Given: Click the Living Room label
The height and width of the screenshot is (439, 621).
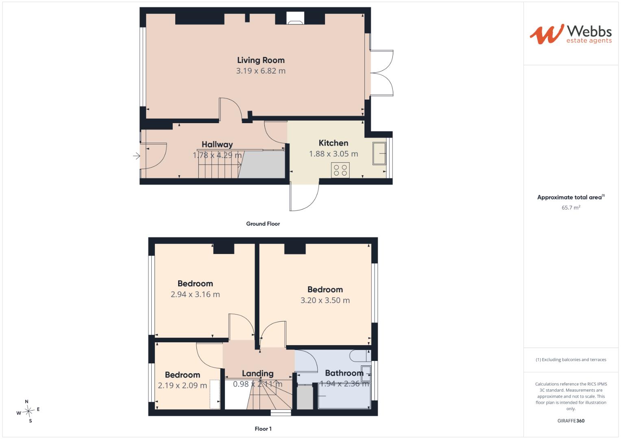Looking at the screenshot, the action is click(x=261, y=60).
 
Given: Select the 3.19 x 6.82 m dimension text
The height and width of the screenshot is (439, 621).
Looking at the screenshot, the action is click(x=261, y=71).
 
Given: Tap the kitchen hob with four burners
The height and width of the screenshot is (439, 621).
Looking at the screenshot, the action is click(x=340, y=170).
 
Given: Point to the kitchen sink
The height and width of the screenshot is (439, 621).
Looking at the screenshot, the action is click(x=379, y=153).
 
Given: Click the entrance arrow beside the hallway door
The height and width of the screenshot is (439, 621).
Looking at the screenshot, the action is click(x=136, y=156).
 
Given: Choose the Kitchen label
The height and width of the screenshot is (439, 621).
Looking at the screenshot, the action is click(x=333, y=143).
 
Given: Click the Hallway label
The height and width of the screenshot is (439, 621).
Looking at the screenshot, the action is click(x=217, y=144).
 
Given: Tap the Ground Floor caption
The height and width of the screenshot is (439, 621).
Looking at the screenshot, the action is click(x=263, y=224).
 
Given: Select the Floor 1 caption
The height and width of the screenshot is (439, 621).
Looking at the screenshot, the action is click(x=263, y=429).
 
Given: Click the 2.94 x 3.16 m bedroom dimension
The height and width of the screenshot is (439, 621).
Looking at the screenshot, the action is click(x=195, y=294).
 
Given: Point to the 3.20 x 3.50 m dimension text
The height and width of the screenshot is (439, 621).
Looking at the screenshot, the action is click(x=325, y=300).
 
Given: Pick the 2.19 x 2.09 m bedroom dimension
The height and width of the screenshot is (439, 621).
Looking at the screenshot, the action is click(x=182, y=385).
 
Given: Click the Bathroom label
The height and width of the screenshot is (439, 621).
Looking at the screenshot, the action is click(x=344, y=373).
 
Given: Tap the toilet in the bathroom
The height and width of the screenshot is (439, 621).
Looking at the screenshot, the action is click(x=360, y=356).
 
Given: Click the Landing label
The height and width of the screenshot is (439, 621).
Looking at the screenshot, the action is click(x=257, y=374).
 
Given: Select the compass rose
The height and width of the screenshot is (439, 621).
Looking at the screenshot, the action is click(x=28, y=411).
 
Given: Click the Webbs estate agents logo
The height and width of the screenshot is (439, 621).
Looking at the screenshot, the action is click(x=571, y=34).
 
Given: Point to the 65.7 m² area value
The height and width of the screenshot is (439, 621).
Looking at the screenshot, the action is click(x=571, y=207).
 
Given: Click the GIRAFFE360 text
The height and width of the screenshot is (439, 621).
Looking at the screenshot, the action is click(x=571, y=421).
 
